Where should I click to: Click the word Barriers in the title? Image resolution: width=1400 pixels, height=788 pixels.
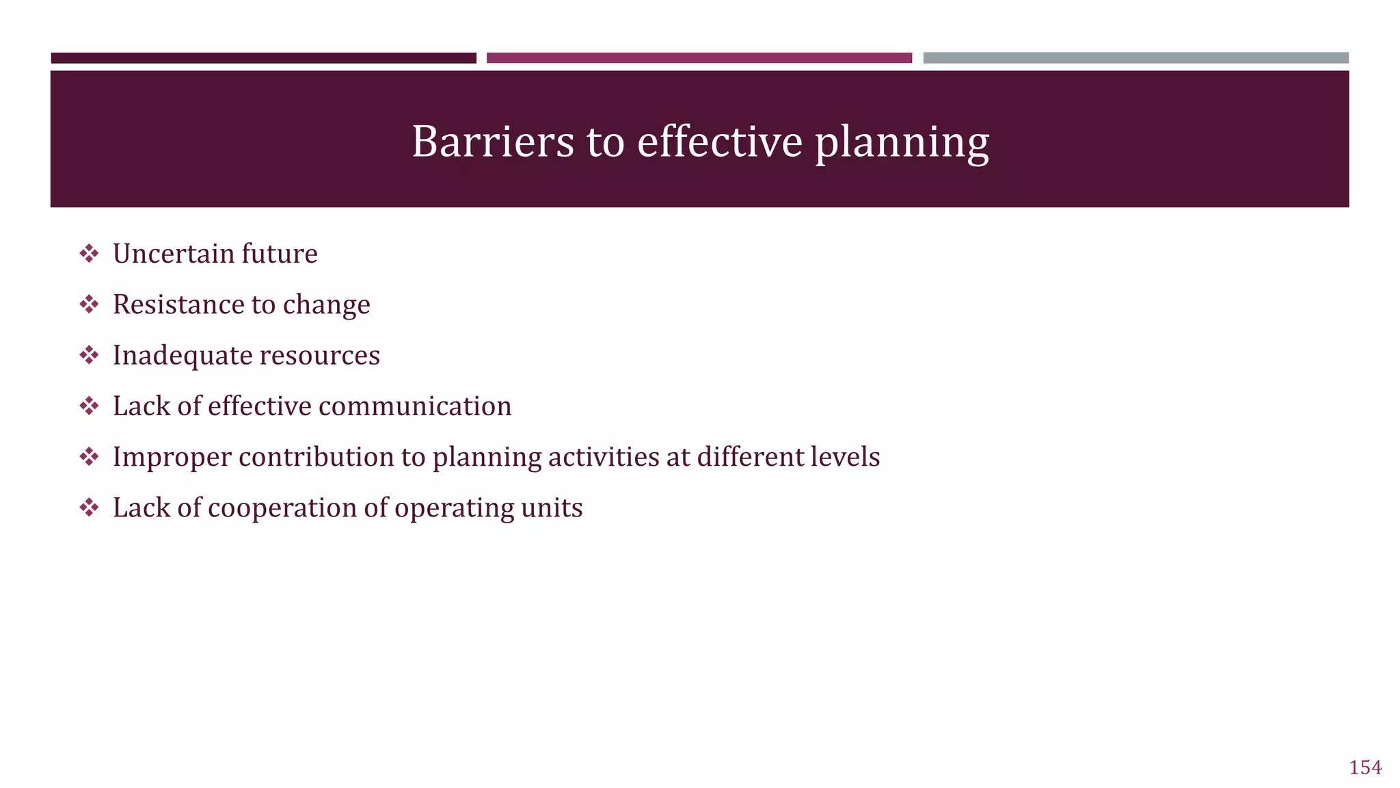[492, 142]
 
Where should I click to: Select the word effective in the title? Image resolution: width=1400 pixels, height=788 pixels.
[719, 142]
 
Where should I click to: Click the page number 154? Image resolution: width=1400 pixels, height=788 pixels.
[1364, 767]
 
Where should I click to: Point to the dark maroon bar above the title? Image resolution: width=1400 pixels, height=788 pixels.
[263, 58]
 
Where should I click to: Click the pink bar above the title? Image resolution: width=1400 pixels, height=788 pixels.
[699, 58]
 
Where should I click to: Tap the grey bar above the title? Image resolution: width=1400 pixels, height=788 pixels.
[1135, 58]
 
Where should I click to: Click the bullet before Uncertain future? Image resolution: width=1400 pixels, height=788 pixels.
[89, 254]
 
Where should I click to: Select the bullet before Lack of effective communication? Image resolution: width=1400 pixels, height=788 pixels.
[89, 406]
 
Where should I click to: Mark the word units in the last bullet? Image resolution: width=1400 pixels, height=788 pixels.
[557, 508]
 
